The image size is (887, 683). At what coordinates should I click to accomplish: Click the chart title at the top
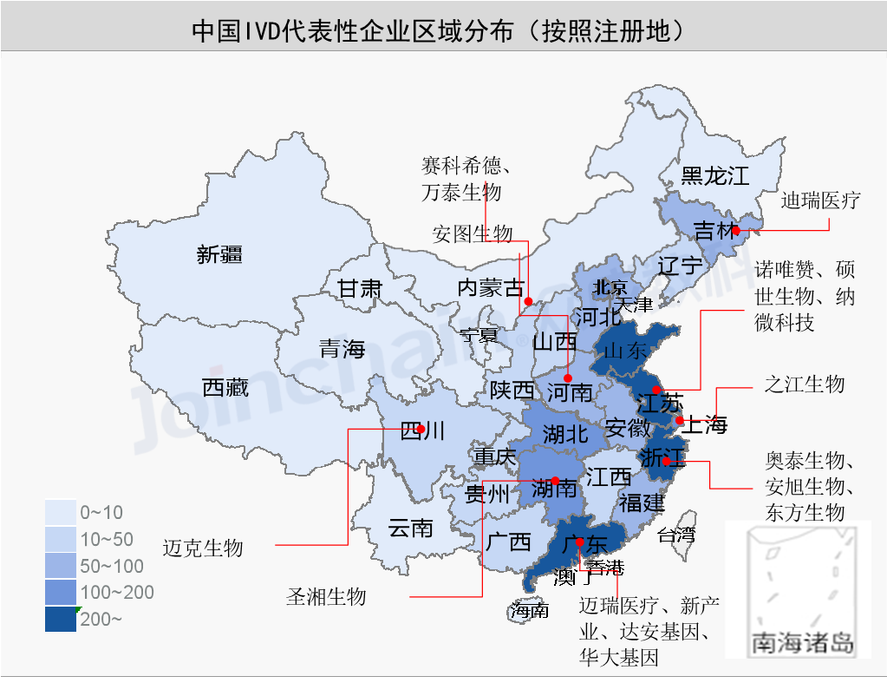tap(442, 31)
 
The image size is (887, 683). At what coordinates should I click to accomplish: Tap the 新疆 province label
tap(219, 254)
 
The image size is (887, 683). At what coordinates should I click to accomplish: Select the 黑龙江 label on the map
tap(714, 177)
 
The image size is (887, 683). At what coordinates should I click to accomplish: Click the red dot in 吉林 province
tap(735, 231)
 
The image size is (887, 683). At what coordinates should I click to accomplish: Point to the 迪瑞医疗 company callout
tap(819, 200)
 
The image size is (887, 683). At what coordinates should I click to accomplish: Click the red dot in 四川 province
tap(421, 429)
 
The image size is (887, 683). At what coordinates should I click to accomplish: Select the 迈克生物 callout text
tap(203, 548)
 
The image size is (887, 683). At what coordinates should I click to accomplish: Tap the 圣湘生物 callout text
tap(326, 597)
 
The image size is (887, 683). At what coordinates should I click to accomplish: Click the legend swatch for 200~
tap(61, 619)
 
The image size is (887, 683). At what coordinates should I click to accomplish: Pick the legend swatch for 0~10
tap(61, 512)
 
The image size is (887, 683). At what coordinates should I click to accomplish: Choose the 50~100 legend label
tap(112, 566)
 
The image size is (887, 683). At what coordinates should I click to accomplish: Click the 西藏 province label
tap(225, 387)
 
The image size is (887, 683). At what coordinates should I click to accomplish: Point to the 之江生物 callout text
tap(804, 384)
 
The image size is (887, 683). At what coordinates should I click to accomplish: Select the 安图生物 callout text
tap(473, 233)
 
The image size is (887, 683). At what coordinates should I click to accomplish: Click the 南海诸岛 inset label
tap(802, 643)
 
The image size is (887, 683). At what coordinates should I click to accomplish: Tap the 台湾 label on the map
tap(676, 534)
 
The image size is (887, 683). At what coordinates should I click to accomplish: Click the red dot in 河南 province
tap(567, 378)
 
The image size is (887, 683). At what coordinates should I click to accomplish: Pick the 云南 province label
tap(410, 527)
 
